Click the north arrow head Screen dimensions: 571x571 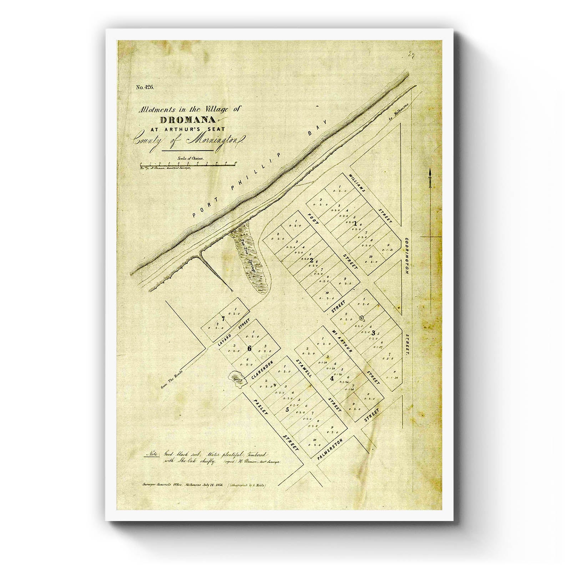pyautogui.click(x=430, y=173)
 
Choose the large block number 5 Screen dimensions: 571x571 pyautogui.click(x=287, y=409)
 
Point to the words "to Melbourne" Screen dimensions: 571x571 pyautogui.click(x=400, y=114)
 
